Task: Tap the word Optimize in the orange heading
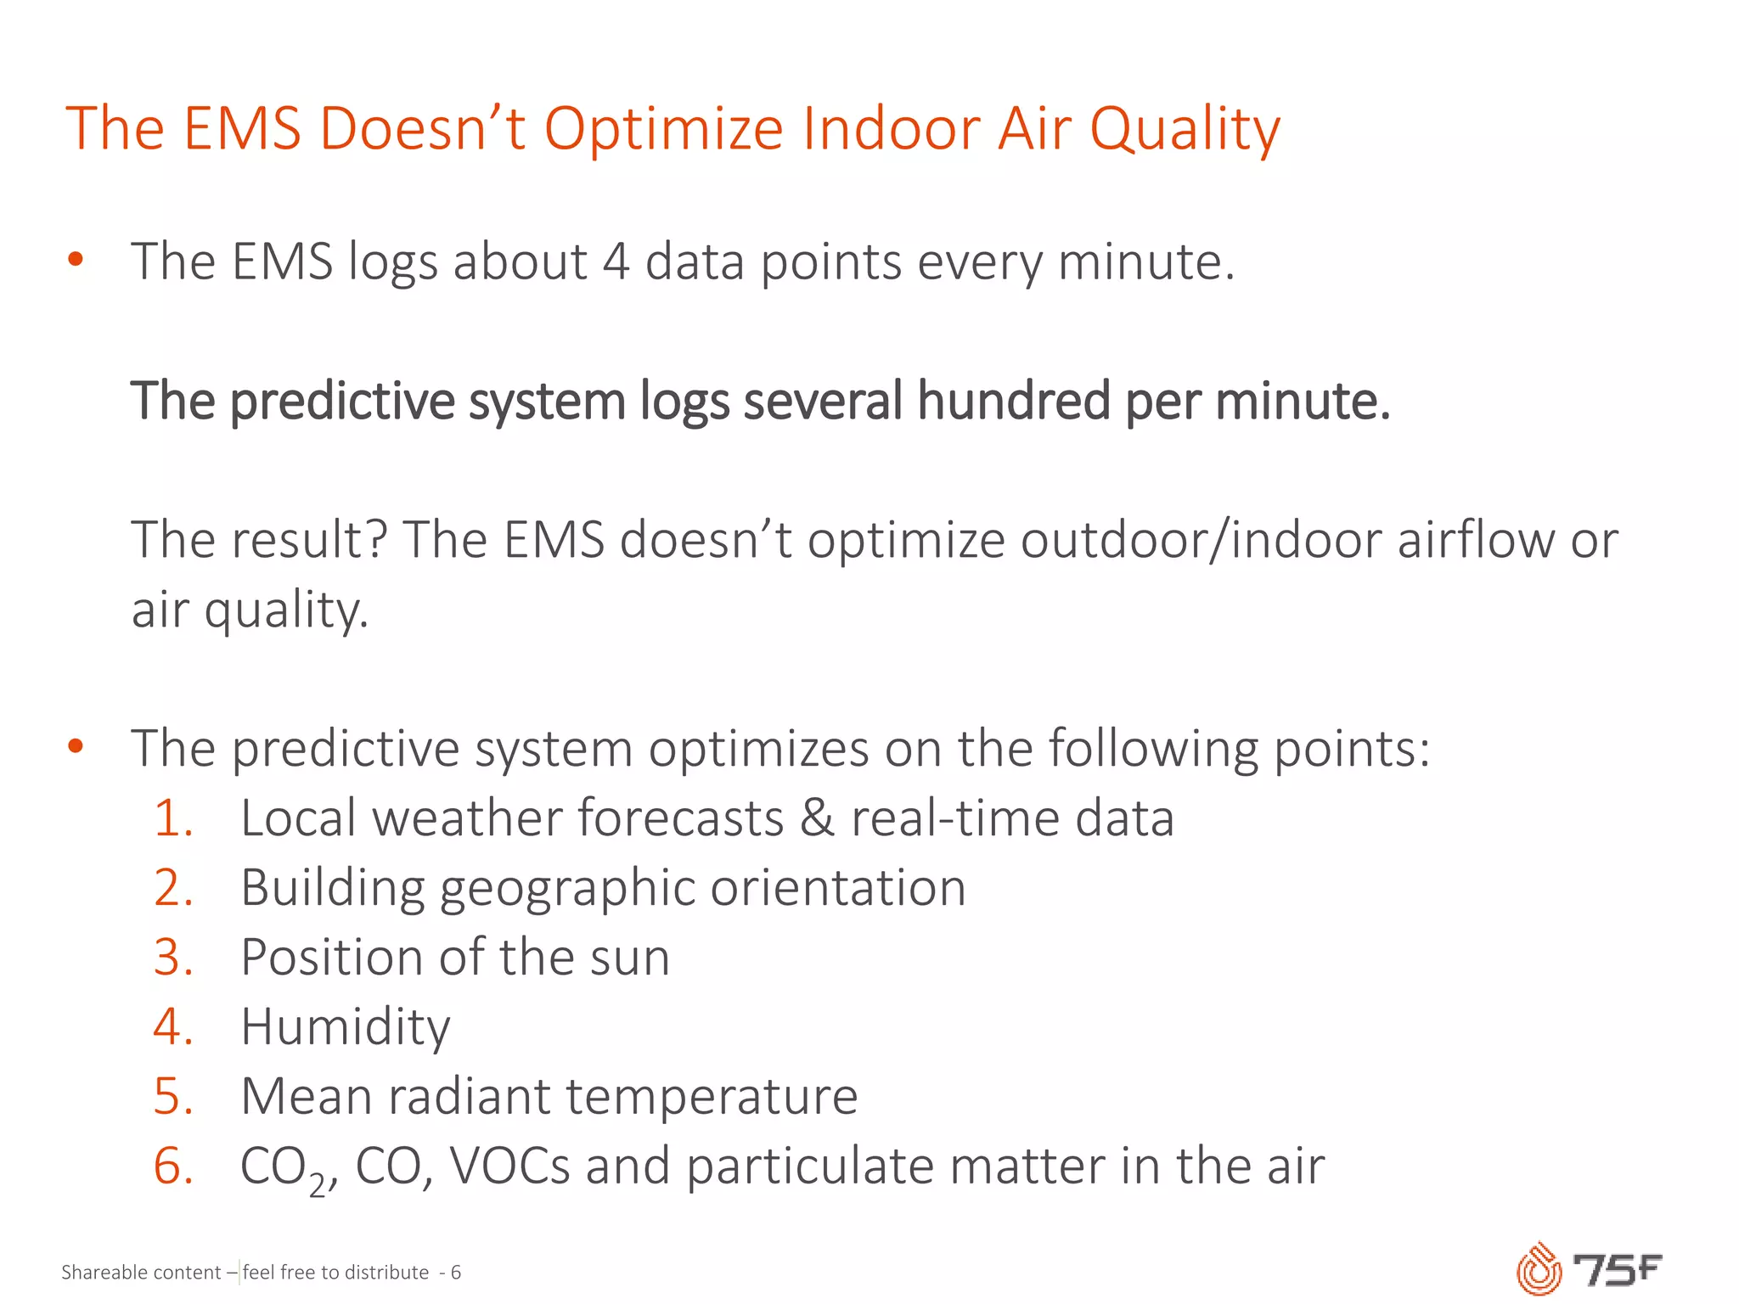click(x=663, y=129)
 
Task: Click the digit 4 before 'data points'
click(x=616, y=261)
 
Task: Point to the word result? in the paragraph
click(x=309, y=540)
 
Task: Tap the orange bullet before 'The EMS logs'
click(x=76, y=259)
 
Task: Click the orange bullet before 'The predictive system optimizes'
click(x=76, y=746)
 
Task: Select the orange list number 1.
click(x=173, y=818)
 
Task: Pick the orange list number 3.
click(x=173, y=958)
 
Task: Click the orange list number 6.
click(x=173, y=1166)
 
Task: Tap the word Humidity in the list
click(x=345, y=1027)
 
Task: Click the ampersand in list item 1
click(x=817, y=818)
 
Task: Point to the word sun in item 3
click(x=629, y=958)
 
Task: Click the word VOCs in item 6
click(x=509, y=1166)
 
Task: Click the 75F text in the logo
click(x=1617, y=1270)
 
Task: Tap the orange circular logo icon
click(x=1539, y=1270)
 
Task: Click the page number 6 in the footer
click(x=456, y=1273)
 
